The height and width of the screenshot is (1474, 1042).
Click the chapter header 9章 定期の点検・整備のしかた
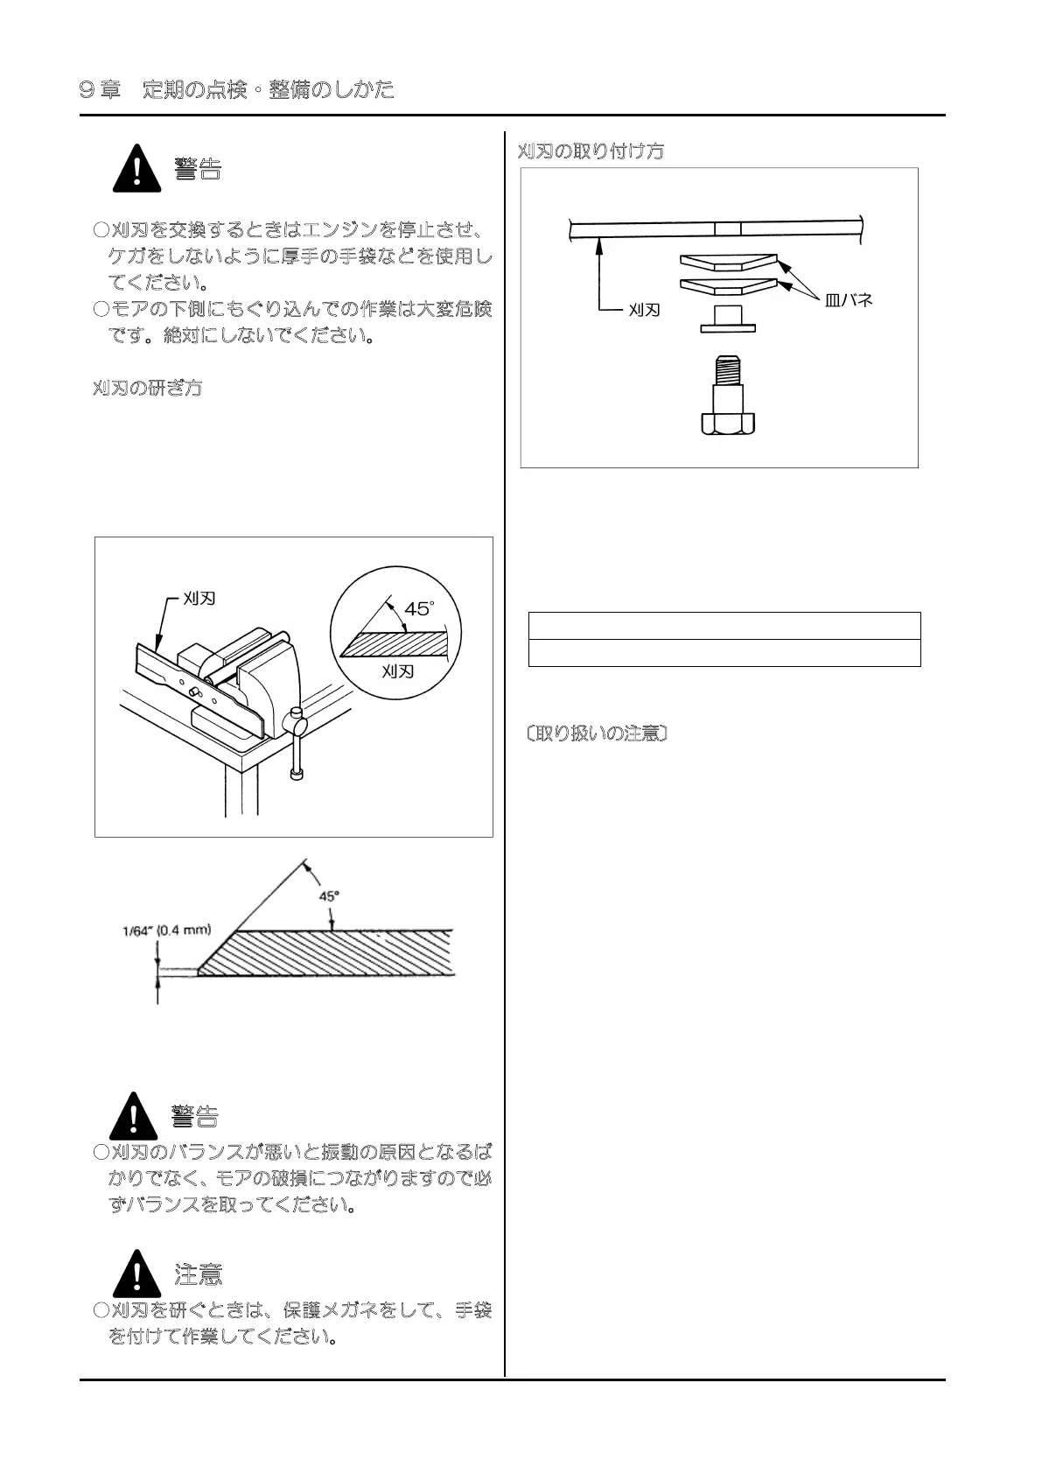tap(236, 89)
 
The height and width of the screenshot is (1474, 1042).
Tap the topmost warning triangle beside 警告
tap(136, 170)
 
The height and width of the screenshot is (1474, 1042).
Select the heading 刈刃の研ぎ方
tap(147, 388)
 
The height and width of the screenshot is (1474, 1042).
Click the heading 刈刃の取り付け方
tap(591, 151)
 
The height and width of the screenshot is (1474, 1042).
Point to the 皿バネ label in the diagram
tap(848, 300)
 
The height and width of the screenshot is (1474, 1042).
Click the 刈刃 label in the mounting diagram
tap(644, 310)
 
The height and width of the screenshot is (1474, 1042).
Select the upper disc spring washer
tap(728, 261)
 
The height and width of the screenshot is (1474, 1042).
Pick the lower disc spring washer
tap(728, 285)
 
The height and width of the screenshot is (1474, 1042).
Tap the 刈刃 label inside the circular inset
tap(398, 671)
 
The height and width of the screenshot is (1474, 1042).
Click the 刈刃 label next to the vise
tap(199, 599)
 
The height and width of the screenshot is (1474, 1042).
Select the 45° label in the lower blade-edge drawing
tap(329, 895)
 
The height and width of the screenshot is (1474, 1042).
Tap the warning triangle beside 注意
tap(136, 1274)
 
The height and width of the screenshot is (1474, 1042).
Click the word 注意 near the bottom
tap(199, 1274)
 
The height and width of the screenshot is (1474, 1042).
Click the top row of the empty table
tap(724, 626)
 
